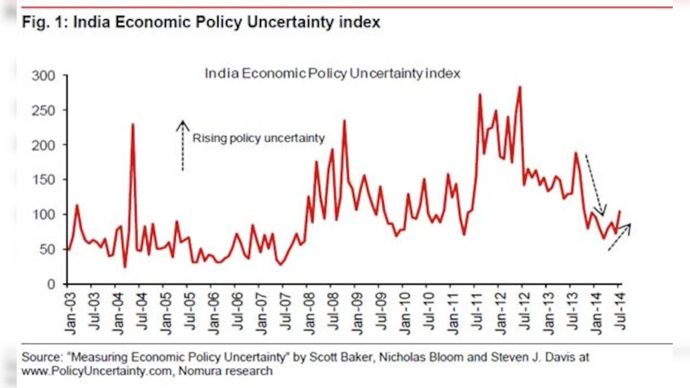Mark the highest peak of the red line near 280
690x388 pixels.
519,87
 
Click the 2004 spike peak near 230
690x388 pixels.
133,124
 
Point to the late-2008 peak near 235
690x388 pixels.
344,121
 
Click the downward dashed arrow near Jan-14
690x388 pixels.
594,184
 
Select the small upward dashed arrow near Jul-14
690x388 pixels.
619,237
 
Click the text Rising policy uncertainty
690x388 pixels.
259,138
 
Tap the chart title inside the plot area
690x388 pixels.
333,74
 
